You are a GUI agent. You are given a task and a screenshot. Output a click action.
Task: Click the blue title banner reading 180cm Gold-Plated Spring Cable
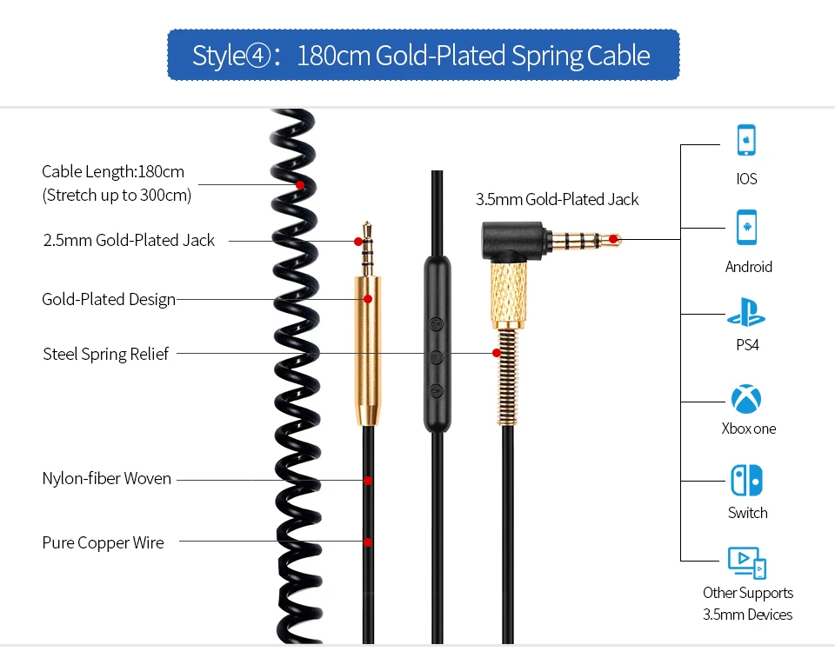(423, 56)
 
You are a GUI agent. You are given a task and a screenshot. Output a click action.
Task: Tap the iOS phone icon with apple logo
(746, 140)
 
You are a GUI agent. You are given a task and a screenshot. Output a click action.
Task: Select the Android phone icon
(746, 227)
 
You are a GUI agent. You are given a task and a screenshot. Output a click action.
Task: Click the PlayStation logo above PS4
(746, 312)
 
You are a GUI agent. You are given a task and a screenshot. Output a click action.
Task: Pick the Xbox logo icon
(746, 399)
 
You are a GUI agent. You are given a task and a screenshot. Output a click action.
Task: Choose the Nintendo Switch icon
(746, 481)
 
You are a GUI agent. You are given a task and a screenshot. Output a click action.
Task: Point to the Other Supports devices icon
(746, 563)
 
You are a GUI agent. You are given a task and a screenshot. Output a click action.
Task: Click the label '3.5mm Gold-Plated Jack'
(558, 200)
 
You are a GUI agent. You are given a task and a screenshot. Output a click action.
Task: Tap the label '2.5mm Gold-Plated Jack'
(129, 241)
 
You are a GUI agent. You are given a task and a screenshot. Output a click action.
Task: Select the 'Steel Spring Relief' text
(106, 354)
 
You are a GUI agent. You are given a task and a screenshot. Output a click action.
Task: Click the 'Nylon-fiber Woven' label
(107, 479)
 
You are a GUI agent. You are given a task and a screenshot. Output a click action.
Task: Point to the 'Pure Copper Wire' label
(103, 542)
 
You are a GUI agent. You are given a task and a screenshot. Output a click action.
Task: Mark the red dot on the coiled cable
(299, 185)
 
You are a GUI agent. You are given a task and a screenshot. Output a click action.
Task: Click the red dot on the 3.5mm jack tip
(613, 239)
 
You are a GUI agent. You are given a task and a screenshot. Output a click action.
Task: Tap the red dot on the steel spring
(497, 353)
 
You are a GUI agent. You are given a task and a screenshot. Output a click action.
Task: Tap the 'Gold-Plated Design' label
(109, 300)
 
